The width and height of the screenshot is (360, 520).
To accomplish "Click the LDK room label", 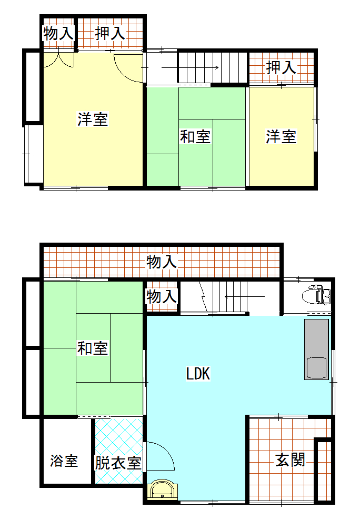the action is click(198, 373).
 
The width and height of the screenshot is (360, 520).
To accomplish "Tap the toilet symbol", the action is click(316, 294).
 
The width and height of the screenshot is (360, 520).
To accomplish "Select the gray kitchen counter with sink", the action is click(316, 349).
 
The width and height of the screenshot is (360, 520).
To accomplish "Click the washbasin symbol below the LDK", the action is click(163, 488).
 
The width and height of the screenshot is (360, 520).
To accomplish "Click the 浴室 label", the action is click(64, 461).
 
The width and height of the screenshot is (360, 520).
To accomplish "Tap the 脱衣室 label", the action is click(118, 463).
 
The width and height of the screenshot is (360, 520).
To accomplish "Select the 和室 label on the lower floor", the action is click(93, 348).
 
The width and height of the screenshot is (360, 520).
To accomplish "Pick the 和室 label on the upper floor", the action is click(195, 137).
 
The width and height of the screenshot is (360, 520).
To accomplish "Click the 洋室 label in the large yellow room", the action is click(93, 119).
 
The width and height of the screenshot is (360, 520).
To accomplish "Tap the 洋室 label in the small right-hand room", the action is click(281, 136).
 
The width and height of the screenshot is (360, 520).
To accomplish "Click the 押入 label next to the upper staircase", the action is click(281, 67).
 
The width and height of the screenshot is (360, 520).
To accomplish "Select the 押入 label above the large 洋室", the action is click(109, 33).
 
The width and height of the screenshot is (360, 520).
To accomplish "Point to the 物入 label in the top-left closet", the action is click(58, 33).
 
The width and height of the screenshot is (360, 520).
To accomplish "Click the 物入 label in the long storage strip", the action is click(162, 262).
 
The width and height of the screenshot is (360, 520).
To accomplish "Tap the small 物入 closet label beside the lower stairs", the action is click(162, 296).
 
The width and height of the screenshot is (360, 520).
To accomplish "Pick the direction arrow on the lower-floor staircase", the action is click(245, 296).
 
